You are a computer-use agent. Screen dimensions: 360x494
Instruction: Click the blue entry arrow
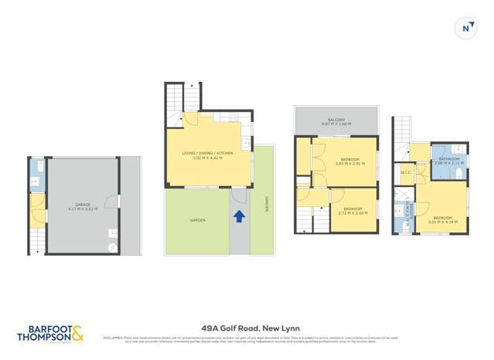pyautogui.click(x=239, y=216)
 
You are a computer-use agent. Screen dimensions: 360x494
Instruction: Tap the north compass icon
pyautogui.click(x=466, y=29)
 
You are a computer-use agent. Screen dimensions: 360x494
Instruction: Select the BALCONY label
pyautogui.click(x=336, y=120)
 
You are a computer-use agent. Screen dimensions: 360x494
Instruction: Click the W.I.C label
pyautogui.click(x=405, y=172)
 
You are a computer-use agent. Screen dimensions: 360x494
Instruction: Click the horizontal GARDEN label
pyautogui.click(x=198, y=220)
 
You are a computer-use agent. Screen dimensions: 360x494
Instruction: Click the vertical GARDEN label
pyautogui.click(x=265, y=206)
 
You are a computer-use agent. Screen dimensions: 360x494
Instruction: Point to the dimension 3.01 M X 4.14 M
pyautogui.click(x=443, y=222)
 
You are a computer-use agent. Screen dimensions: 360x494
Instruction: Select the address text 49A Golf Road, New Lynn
pyautogui.click(x=246, y=328)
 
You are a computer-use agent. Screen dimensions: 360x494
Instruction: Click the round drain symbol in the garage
pyautogui.click(x=113, y=246)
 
